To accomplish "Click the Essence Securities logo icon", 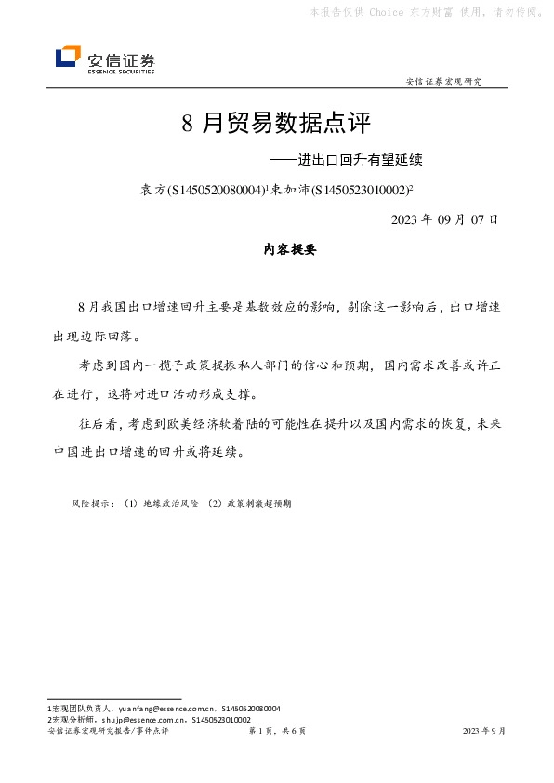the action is coord(68,58).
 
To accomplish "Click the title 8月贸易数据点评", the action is coord(276,123).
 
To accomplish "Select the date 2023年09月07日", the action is coord(445,220).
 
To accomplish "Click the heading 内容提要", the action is coord(277,250).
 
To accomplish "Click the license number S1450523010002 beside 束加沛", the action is coord(358,190).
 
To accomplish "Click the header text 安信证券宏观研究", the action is coord(444,82).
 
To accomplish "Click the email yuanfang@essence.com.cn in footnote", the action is coord(172,709).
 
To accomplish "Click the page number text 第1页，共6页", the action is coord(277,732).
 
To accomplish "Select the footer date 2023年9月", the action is coord(484,732).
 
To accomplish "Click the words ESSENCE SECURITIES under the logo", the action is coord(121,71).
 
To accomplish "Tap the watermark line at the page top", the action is coord(426,12).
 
